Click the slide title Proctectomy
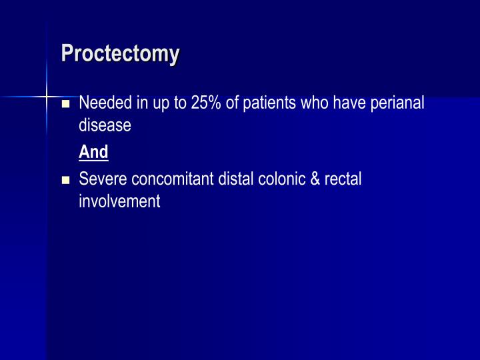pyautogui.click(x=120, y=53)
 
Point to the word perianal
pyautogui.click(x=399, y=103)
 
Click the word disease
pyautogui.click(x=105, y=125)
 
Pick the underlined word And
pyautogui.click(x=93, y=152)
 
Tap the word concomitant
pyautogui.click(x=173, y=179)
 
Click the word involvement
pyautogui.click(x=119, y=201)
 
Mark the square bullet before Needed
pyautogui.click(x=65, y=105)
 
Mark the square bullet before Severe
pyautogui.click(x=65, y=181)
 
